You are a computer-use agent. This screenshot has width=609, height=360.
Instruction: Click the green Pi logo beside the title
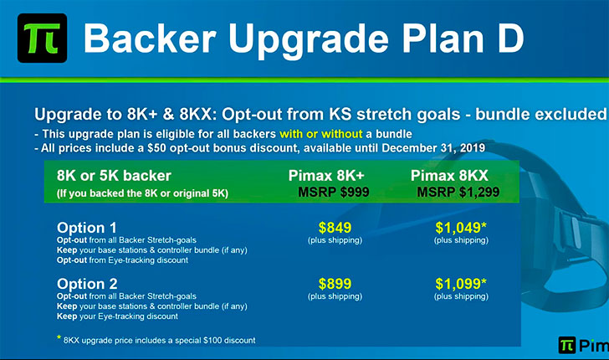(43, 39)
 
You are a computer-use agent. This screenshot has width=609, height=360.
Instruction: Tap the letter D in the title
(510, 39)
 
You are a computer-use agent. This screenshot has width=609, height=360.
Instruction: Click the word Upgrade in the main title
(309, 40)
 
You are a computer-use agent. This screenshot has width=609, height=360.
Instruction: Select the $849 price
(335, 228)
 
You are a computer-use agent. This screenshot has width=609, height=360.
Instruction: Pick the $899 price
(335, 284)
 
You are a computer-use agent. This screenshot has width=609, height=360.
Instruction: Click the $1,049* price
(461, 228)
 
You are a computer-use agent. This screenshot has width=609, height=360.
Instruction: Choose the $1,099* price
(461, 284)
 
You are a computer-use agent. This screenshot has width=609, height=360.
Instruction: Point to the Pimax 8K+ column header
(326, 176)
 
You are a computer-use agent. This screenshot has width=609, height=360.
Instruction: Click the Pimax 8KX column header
(449, 176)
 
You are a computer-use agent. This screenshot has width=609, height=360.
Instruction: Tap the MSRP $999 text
(334, 192)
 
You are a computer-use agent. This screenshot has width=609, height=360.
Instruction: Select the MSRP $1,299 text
(458, 192)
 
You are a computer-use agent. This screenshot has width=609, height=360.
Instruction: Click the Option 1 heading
(87, 228)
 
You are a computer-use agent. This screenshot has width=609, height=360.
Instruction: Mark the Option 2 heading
(87, 284)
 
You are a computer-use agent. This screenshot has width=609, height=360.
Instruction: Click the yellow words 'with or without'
(321, 134)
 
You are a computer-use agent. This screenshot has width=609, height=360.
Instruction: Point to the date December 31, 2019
(433, 148)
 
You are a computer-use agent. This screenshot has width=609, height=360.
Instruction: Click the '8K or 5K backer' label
(114, 176)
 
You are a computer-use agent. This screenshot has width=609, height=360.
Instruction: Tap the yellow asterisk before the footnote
(59, 337)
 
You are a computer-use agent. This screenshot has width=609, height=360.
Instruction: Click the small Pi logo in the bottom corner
(566, 345)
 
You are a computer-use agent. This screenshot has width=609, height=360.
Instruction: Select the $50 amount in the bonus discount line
(157, 148)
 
